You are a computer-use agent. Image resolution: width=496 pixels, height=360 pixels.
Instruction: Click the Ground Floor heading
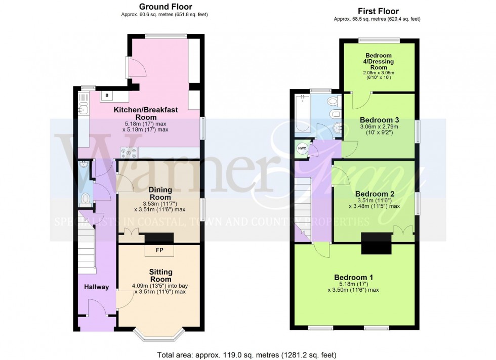(164, 7)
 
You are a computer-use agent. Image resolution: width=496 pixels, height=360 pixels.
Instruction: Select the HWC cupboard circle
(302, 148)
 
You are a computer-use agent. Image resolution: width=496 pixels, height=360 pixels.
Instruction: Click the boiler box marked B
(107, 95)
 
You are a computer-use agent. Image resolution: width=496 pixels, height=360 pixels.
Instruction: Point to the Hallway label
(96, 287)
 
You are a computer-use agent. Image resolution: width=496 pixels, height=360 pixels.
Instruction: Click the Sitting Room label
(160, 276)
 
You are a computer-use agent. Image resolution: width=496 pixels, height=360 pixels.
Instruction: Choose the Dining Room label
(160, 193)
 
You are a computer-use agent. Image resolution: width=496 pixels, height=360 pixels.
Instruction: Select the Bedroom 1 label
(353, 277)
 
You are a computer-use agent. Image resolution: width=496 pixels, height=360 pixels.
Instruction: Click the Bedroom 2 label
(375, 194)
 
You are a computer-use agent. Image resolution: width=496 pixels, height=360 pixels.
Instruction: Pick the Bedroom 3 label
(380, 120)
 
